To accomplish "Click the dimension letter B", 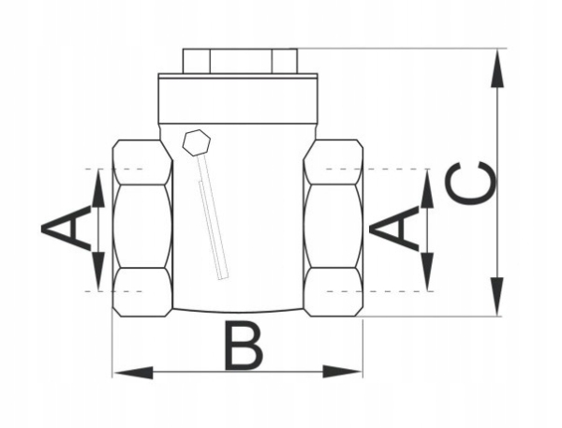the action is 244,346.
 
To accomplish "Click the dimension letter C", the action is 471,184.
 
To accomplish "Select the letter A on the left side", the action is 66,228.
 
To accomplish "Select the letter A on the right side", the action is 394,228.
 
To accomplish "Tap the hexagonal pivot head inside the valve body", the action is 197,142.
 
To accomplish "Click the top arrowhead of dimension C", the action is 497,68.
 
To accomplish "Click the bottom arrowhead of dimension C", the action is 497,297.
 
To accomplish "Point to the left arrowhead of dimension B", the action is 133,372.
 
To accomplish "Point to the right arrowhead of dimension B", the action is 342,372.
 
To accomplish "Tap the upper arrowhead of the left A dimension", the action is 97,188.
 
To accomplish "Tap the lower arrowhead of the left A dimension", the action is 97,272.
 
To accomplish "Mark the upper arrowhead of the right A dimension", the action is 427,188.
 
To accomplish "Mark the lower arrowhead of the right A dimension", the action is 427,272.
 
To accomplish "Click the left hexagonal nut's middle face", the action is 142,227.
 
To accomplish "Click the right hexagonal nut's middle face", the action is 333,227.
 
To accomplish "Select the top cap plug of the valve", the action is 240,61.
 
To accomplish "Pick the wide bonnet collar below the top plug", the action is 238,98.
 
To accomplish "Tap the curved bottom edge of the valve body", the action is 238,311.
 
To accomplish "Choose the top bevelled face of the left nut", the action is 142,162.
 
